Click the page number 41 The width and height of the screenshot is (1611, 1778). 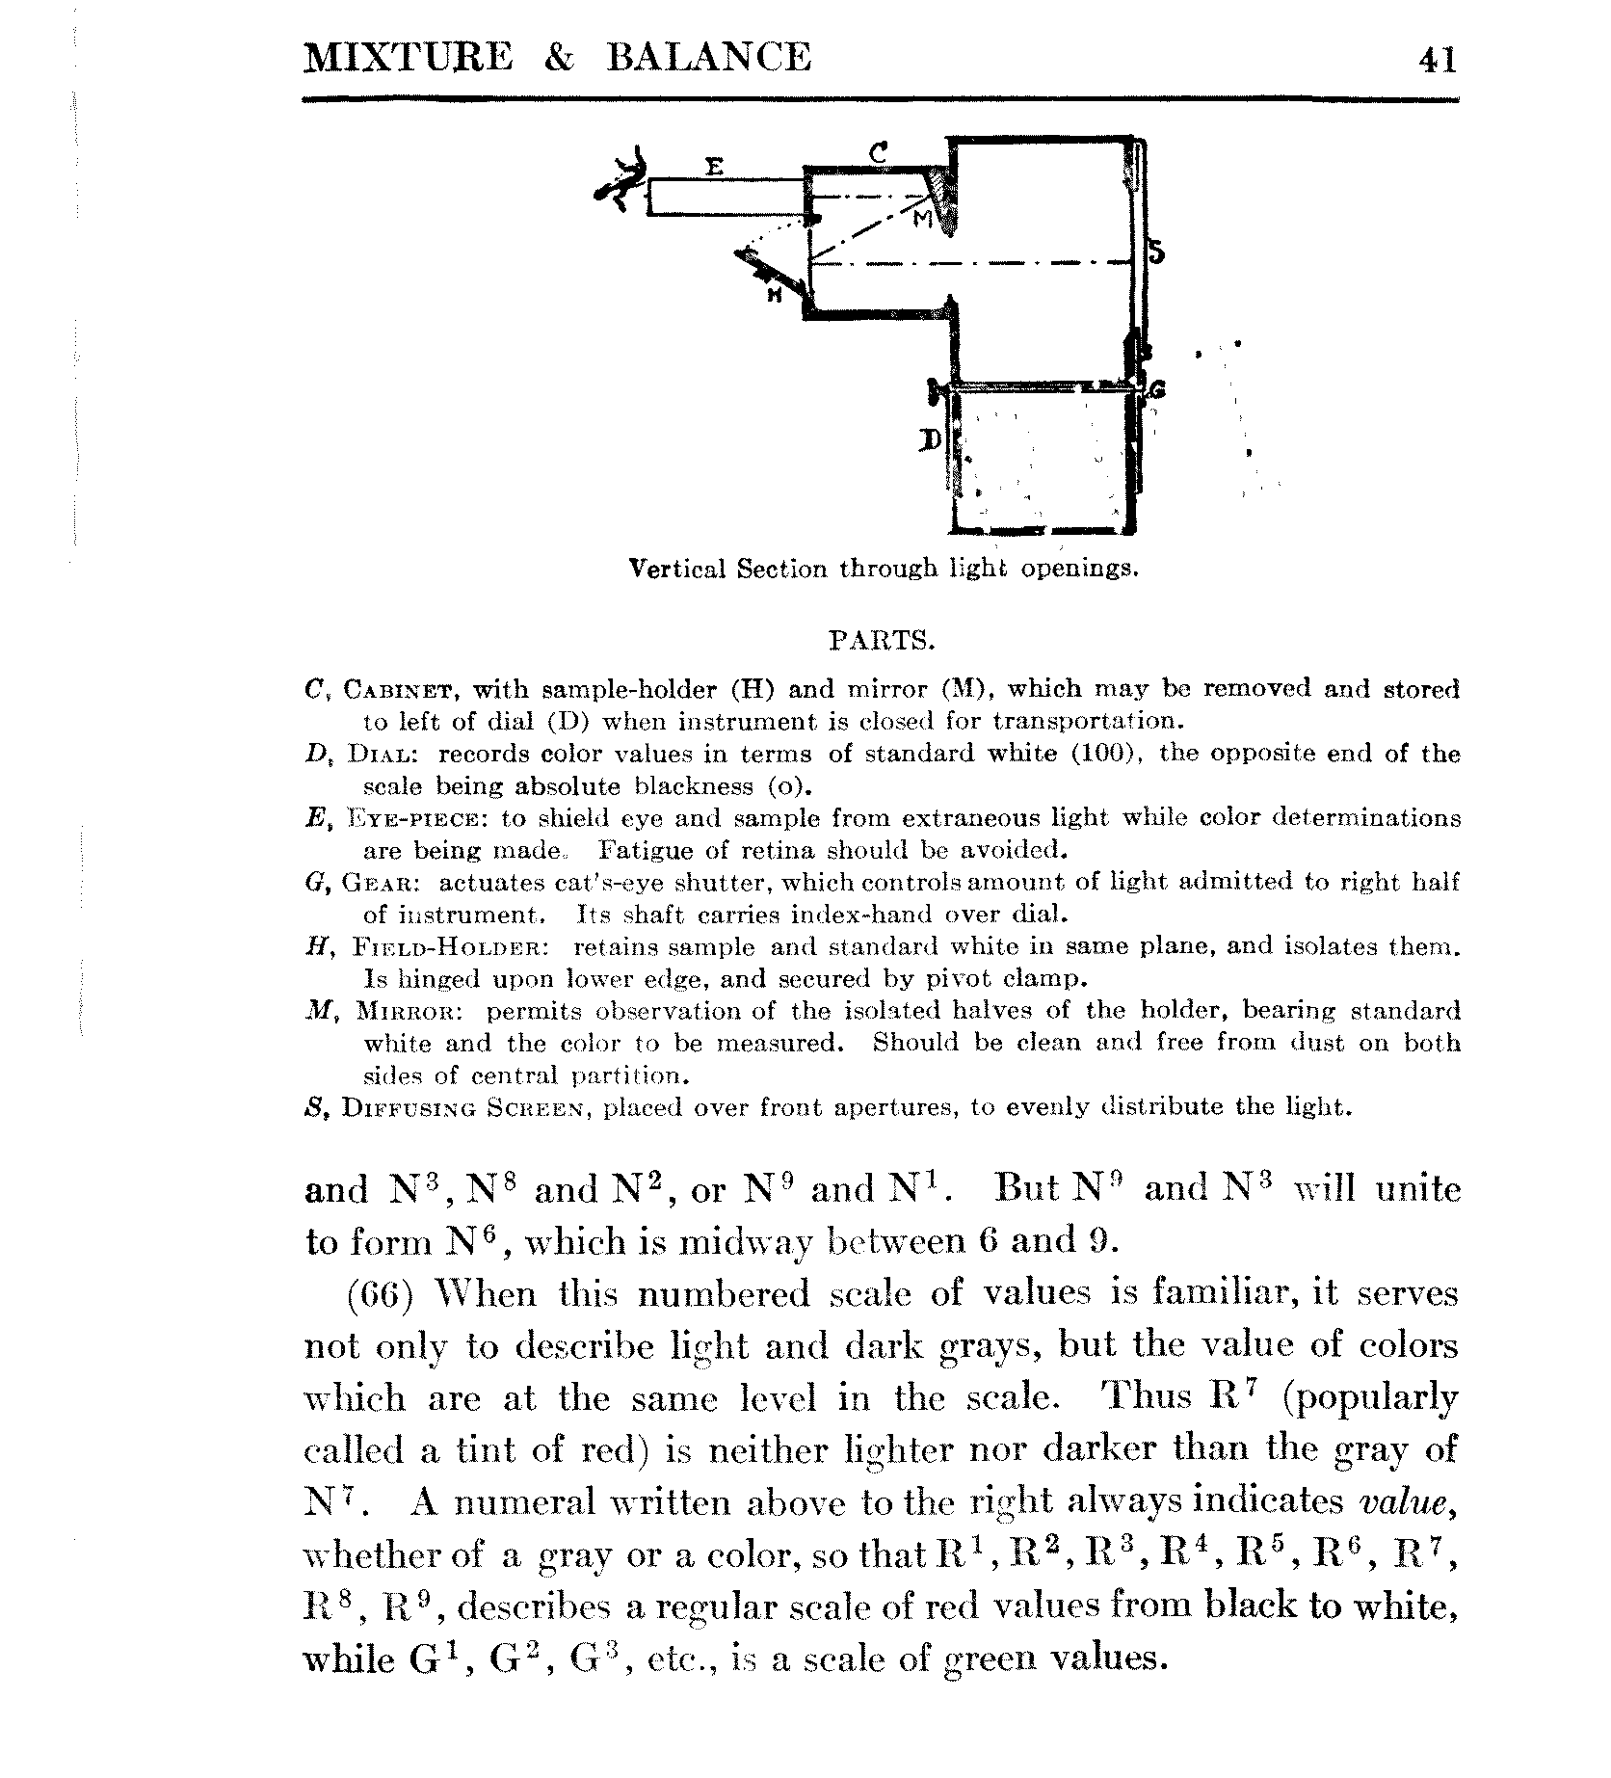[1437, 60]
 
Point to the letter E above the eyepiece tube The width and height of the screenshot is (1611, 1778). [714, 167]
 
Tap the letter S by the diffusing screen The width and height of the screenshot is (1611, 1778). [1156, 252]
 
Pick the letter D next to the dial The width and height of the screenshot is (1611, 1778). [930, 441]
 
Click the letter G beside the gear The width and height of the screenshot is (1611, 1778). [1157, 389]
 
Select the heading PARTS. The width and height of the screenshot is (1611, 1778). [882, 640]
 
